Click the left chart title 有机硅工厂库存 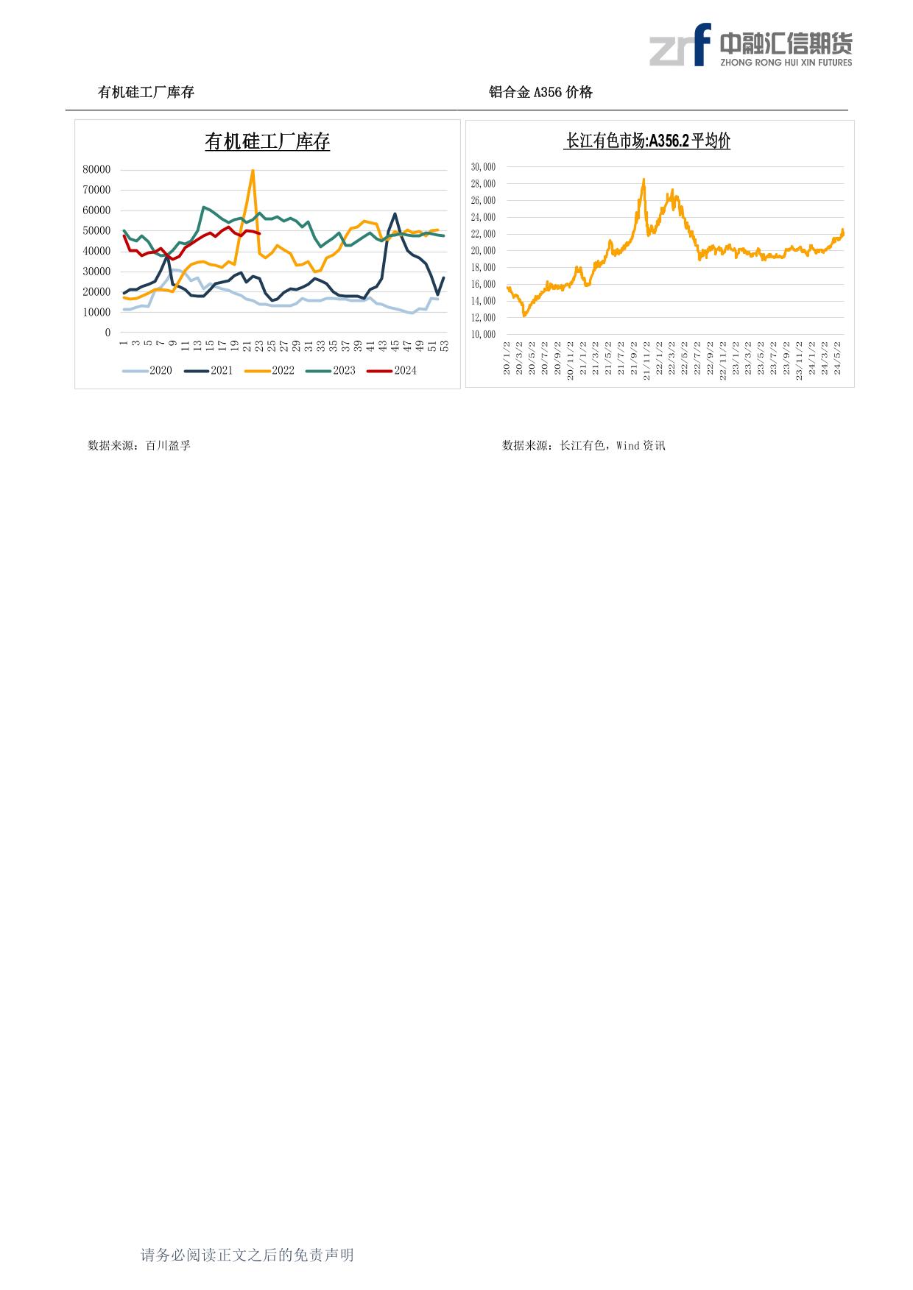pos(267,142)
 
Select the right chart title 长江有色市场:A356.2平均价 pos(647,141)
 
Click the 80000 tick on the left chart pos(96,169)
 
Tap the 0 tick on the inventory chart pos(107,333)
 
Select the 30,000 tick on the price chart pos(483,167)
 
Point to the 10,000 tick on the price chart pos(483,334)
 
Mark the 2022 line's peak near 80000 pos(253,171)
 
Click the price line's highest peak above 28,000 pos(644,179)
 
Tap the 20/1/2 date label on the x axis pos(507,358)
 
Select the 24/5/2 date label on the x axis pos(837,357)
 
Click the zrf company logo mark pos(680,46)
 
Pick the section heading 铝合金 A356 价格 pos(540,92)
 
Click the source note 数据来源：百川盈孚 pos(139,445)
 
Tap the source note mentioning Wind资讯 pos(583,445)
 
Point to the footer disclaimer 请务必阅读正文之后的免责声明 pos(247,1255)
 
